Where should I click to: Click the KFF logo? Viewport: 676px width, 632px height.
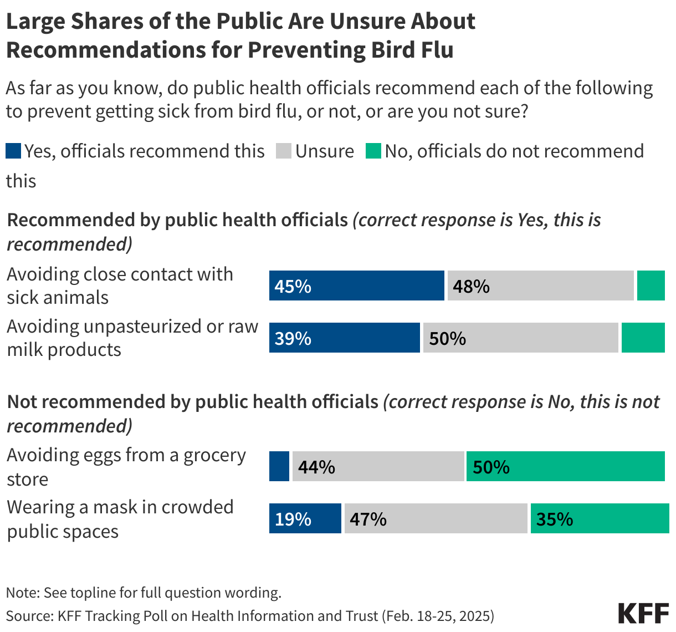tap(643, 614)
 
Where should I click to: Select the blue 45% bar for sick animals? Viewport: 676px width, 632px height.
tap(356, 286)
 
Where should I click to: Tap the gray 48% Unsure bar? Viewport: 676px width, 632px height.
tap(540, 286)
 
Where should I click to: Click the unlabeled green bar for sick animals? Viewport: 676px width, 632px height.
tap(651, 286)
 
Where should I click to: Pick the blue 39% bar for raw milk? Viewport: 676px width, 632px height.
tap(344, 338)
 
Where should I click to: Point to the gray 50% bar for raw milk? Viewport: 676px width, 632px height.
tap(520, 338)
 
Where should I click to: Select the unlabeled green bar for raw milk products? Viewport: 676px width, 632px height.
tap(643, 338)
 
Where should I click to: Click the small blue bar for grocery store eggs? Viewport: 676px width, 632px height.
tap(279, 466)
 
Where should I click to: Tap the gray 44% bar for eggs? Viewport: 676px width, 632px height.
tap(378, 466)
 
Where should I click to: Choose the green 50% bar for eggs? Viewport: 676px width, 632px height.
tap(565, 466)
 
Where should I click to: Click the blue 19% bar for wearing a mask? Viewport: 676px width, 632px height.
tap(305, 518)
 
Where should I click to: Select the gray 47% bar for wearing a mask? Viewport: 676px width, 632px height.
tap(436, 518)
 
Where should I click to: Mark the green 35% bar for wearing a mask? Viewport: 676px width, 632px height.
tap(600, 518)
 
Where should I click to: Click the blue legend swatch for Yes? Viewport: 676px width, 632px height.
tap(13, 151)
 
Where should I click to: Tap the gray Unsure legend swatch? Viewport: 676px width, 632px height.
tap(284, 151)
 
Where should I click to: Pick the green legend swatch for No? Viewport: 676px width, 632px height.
tap(373, 151)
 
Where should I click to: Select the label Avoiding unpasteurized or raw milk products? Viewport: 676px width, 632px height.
tap(132, 338)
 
